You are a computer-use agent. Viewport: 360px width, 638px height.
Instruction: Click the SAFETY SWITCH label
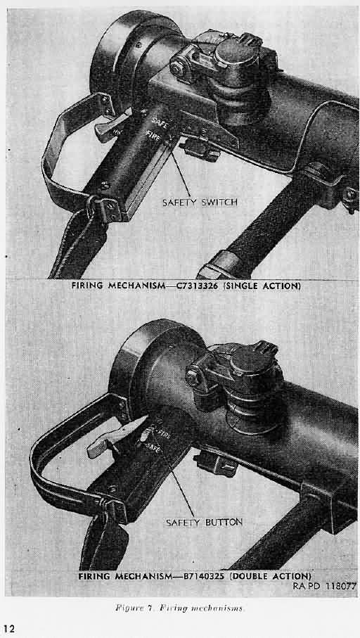[200, 203]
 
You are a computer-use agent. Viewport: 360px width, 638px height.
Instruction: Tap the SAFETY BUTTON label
[204, 522]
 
